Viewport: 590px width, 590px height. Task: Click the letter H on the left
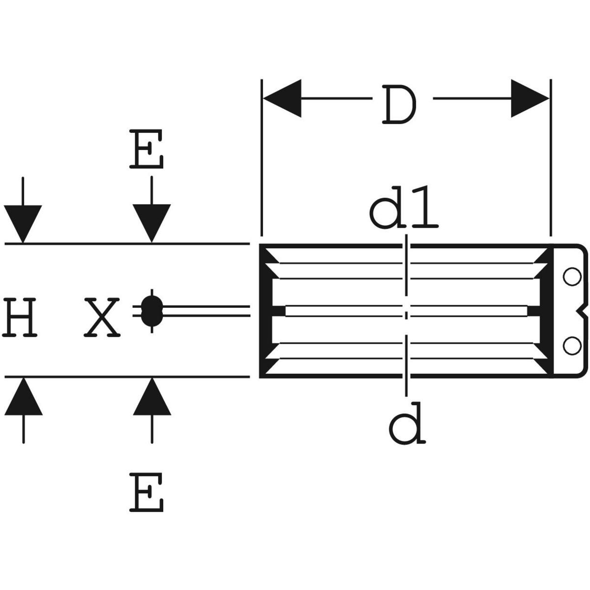[x=21, y=317]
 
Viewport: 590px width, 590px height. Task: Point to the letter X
[x=101, y=317]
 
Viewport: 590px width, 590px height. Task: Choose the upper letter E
[x=147, y=149]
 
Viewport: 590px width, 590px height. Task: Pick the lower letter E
[x=147, y=492]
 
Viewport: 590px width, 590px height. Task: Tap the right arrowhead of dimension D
[x=530, y=98]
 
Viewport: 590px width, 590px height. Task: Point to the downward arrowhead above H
[x=23, y=224]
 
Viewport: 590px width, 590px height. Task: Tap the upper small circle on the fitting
[x=571, y=277]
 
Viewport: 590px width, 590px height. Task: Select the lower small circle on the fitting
[x=571, y=346]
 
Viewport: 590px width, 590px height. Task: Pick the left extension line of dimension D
[x=262, y=157]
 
